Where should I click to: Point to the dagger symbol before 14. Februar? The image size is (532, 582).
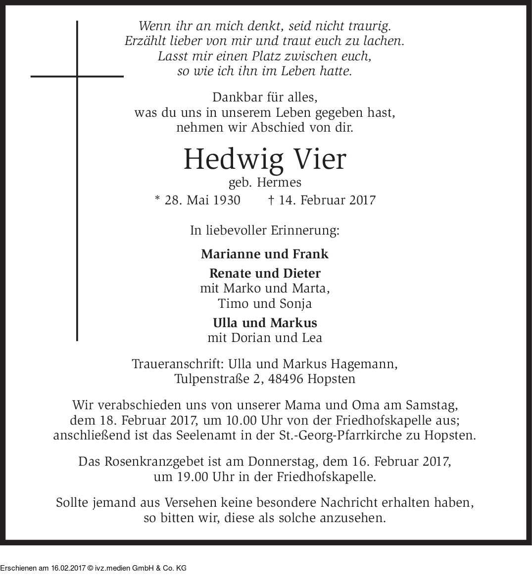[x=271, y=200]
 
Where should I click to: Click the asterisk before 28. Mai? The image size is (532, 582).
[x=157, y=199]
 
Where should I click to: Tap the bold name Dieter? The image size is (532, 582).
[x=302, y=273]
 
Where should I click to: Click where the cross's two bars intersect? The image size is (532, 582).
[x=77, y=76]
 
